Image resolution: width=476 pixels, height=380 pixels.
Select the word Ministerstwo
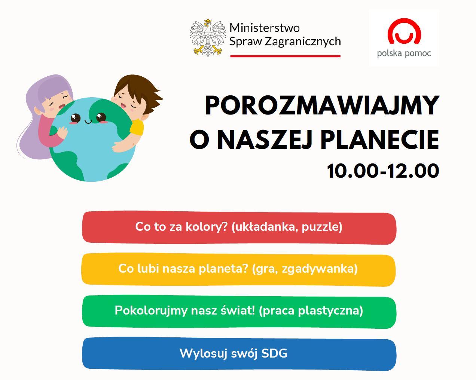(x=265, y=28)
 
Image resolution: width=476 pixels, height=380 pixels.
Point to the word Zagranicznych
(x=303, y=42)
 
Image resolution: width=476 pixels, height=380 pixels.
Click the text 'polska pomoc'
(x=404, y=54)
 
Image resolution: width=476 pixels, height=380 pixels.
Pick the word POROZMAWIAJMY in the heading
(x=322, y=105)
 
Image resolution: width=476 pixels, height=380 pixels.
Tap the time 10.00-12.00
(x=383, y=171)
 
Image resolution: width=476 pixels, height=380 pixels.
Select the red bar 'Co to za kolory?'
(x=239, y=228)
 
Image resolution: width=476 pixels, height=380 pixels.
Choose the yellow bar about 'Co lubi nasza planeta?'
(x=238, y=269)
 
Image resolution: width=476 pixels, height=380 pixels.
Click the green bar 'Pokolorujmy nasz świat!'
(x=239, y=312)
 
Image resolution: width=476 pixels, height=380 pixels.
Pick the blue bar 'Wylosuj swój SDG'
(x=239, y=354)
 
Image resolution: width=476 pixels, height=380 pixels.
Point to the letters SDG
(x=274, y=353)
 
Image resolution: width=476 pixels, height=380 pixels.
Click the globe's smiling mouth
(x=88, y=121)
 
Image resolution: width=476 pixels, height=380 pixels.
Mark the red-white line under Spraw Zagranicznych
(x=285, y=55)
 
